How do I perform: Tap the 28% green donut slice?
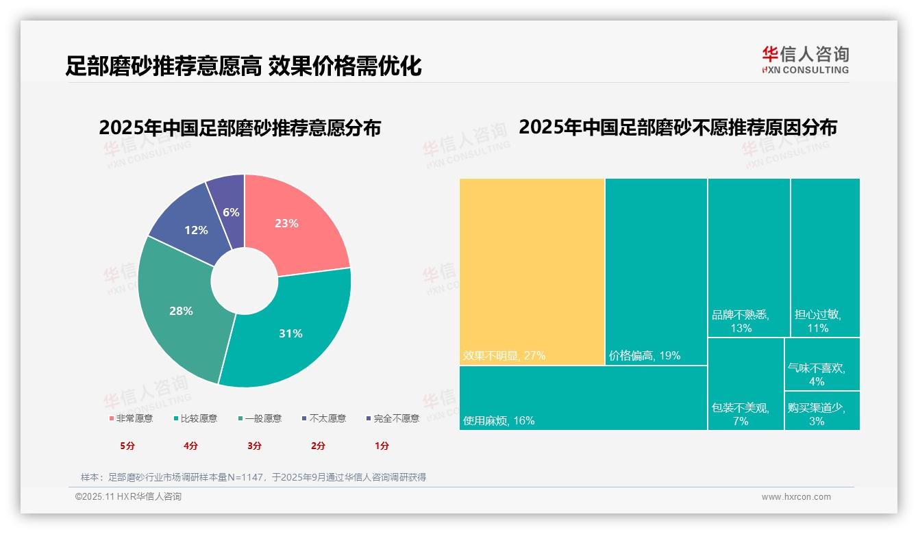tap(182, 311)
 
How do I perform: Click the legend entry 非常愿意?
tap(131, 418)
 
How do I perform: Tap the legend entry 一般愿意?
tap(260, 418)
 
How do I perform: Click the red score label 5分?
tap(127, 446)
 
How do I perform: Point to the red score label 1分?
tap(382, 446)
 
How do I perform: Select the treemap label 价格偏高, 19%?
tap(645, 356)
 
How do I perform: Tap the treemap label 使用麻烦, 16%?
tap(499, 420)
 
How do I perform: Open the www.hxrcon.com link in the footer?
tap(796, 497)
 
